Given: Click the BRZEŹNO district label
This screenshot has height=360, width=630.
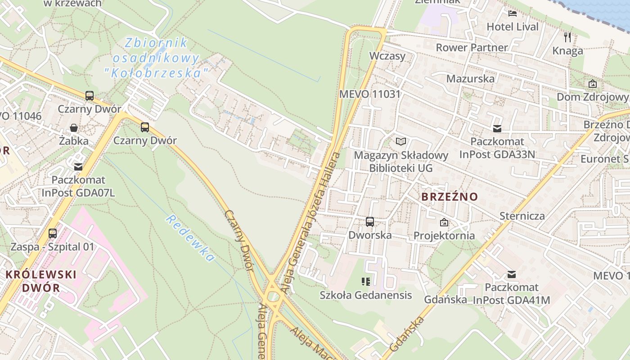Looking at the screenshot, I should [x=450, y=197].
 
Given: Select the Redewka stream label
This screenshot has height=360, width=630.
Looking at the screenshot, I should [x=190, y=238].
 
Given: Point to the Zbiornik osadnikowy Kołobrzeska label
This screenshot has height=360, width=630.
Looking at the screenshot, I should [x=156, y=58].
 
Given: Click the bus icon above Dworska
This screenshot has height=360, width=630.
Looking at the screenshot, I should [x=370, y=221].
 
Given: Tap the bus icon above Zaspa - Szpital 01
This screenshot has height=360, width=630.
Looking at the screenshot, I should [x=53, y=233].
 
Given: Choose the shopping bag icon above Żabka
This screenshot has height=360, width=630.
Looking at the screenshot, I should [x=74, y=128].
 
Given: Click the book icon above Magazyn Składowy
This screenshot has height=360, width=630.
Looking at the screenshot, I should [x=401, y=142].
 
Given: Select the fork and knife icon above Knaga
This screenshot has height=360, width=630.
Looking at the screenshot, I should [x=567, y=37].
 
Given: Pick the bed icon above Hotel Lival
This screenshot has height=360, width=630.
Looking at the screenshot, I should [x=513, y=13].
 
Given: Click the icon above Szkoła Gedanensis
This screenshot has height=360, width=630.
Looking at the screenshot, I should [x=366, y=282].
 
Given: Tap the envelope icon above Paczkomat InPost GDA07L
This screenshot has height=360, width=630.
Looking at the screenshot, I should [x=78, y=167].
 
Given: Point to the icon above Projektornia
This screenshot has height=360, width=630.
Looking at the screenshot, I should [x=444, y=222].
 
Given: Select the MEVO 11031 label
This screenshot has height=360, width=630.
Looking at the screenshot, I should [x=369, y=94].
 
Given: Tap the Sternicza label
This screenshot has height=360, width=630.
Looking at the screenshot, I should [x=522, y=216].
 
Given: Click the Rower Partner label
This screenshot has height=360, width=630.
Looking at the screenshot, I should [x=472, y=47].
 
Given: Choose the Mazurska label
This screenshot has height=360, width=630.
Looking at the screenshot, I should [x=470, y=78].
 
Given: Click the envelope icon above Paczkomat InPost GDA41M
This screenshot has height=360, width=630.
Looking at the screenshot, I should [x=512, y=274].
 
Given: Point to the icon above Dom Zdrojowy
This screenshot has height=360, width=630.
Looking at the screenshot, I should [x=593, y=84].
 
